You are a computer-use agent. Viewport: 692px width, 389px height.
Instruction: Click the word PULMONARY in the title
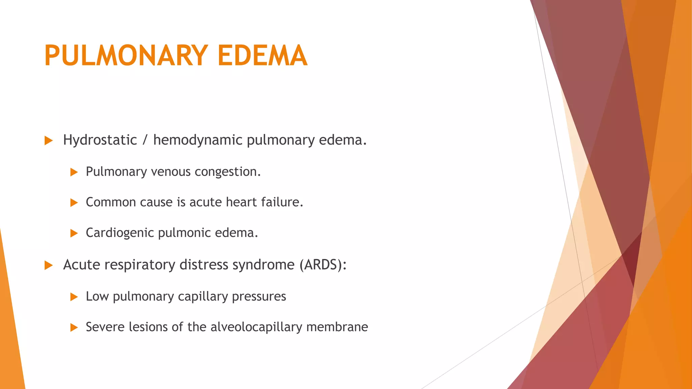click(x=126, y=55)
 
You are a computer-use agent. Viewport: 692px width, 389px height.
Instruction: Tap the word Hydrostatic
click(x=100, y=140)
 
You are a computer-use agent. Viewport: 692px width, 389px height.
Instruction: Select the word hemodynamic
click(x=198, y=140)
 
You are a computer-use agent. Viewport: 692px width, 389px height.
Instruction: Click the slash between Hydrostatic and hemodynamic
click(x=145, y=140)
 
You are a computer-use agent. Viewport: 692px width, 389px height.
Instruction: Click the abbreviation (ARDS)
click(x=323, y=265)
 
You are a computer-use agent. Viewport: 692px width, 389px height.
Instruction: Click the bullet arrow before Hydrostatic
click(x=49, y=140)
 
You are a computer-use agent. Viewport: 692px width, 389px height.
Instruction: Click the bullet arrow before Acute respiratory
click(x=49, y=265)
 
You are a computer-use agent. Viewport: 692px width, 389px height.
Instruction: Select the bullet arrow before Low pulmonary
click(x=74, y=297)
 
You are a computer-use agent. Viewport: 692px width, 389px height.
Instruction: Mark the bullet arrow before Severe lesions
click(x=74, y=328)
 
